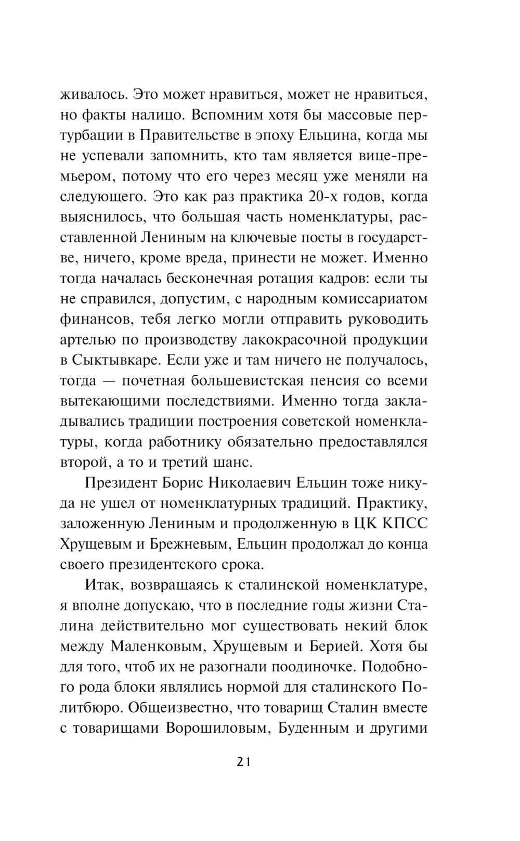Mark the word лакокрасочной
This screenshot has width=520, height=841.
(x=295, y=340)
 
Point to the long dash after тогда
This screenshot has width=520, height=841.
(x=110, y=381)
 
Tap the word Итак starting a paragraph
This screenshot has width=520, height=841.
(x=103, y=585)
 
